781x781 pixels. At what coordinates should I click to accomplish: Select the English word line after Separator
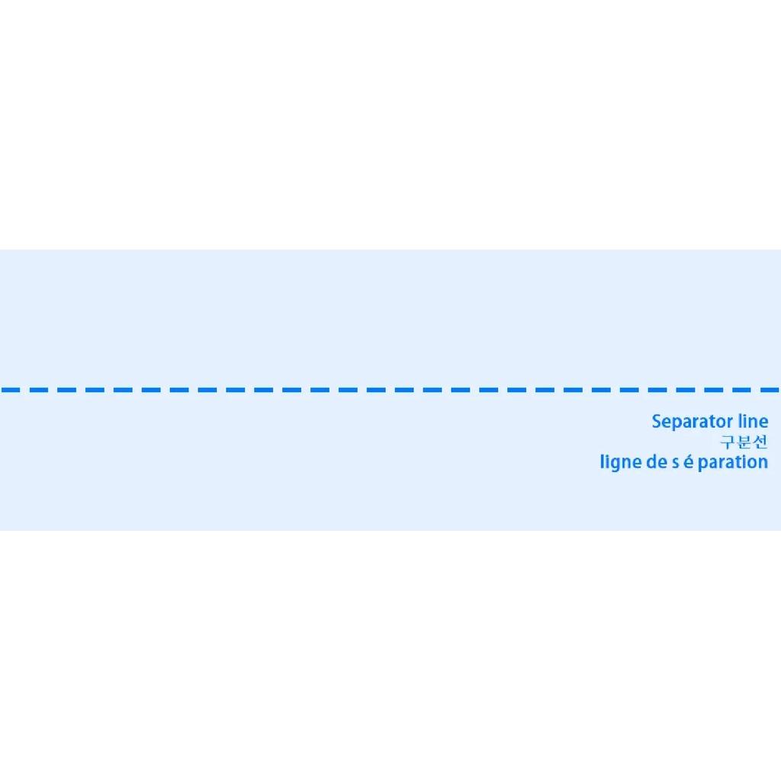[x=753, y=421]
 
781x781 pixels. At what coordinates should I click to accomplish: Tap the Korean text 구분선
[x=744, y=442]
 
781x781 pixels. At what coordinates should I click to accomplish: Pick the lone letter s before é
[x=676, y=464]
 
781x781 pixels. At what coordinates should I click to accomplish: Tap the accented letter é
[x=689, y=461]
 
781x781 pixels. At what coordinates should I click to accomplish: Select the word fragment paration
[x=733, y=463]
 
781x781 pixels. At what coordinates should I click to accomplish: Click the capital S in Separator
[x=657, y=421]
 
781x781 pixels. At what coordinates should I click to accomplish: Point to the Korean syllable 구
[x=728, y=442]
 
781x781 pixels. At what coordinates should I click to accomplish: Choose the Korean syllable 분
[x=744, y=442]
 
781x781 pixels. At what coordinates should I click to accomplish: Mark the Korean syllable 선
[x=760, y=442]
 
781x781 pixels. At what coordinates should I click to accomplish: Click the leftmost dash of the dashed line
[x=11, y=390]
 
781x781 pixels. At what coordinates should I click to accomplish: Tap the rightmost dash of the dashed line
[x=770, y=390]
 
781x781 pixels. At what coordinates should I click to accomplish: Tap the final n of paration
[x=763, y=464]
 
